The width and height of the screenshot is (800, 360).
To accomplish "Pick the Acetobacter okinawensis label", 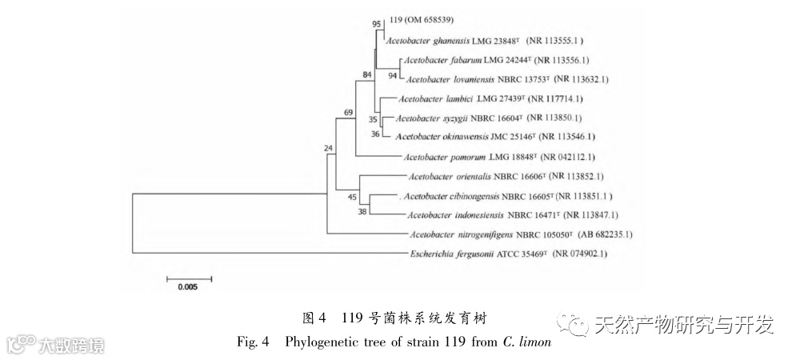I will tap(440, 137).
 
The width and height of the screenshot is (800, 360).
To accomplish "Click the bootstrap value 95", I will tap(377, 24).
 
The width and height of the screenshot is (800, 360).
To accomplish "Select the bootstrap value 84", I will tap(367, 75).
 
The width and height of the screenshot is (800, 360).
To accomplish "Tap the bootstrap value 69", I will tap(349, 113).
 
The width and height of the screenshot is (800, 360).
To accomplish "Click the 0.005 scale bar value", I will tap(189, 289).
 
